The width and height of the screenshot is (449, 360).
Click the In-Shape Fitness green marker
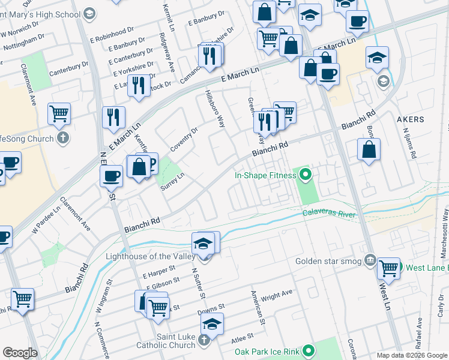pos(306,176)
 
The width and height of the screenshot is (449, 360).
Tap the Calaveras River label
pos(329,214)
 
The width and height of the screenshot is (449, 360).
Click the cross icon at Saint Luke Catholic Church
pos(203,340)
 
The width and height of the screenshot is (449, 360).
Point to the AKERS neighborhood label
pos(411,119)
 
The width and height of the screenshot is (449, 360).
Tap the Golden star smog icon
pos(370,261)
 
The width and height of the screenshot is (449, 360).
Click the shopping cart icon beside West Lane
pos(388,268)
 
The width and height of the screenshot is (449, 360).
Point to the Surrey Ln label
pos(172,182)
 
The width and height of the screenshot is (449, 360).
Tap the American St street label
pos(258,310)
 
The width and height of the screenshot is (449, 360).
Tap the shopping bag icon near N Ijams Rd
pos(369,149)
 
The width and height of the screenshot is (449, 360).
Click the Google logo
pos(20,353)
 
